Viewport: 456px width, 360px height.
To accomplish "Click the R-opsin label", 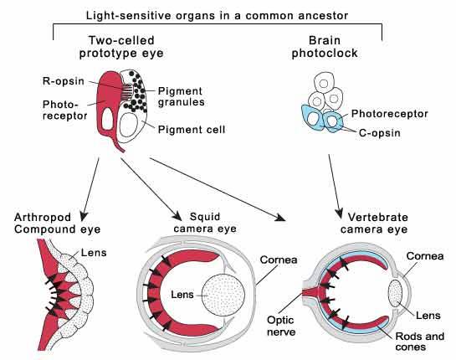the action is [64, 81].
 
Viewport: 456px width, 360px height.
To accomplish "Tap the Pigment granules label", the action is [181, 96].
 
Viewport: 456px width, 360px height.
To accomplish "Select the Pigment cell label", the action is [192, 130].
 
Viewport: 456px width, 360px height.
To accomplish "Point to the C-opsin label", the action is [380, 133].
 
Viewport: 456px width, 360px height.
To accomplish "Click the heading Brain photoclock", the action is [325, 47].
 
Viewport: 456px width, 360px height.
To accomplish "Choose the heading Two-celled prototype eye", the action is [121, 47].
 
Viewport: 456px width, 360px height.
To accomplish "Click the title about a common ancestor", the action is [217, 15].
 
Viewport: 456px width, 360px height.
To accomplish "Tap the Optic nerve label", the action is [281, 326].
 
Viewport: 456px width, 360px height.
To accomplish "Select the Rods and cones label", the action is [420, 342].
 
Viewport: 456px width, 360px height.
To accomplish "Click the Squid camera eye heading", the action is [205, 223].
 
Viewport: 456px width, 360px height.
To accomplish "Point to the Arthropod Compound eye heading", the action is [57, 224].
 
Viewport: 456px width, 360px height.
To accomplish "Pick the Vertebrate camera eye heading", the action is [374, 224].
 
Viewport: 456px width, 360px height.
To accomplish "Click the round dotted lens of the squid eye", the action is [223, 295].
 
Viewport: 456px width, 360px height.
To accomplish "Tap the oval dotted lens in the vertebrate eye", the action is [396, 293].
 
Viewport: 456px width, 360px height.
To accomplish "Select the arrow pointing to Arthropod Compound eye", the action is [90, 189].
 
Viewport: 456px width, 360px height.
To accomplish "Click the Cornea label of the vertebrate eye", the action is [425, 256].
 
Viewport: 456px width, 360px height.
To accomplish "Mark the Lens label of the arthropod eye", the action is [94, 252].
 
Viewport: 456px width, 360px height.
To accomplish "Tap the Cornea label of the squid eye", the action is [279, 260].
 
